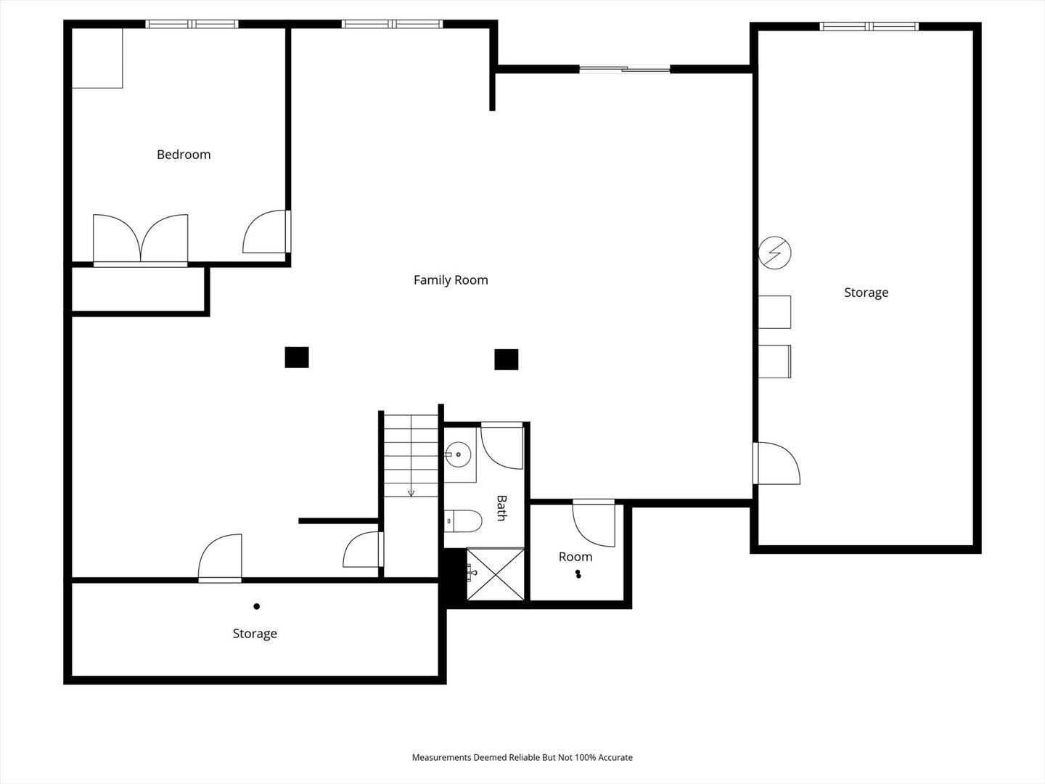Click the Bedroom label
(x=184, y=154)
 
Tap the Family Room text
(x=451, y=280)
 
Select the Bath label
(x=501, y=508)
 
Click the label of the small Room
(x=575, y=557)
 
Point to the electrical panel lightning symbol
(x=774, y=253)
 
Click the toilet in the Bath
(x=463, y=520)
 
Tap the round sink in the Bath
(x=458, y=454)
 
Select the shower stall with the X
(x=495, y=574)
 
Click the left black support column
(x=297, y=357)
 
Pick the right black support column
(x=506, y=359)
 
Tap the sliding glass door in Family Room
(x=625, y=70)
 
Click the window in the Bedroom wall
(x=192, y=24)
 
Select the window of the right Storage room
(x=869, y=26)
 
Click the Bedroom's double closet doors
(x=141, y=240)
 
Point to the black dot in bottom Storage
(x=257, y=606)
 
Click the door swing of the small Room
(x=594, y=523)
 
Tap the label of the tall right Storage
(x=866, y=293)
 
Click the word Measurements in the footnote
(x=442, y=757)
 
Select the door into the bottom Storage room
(x=220, y=558)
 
